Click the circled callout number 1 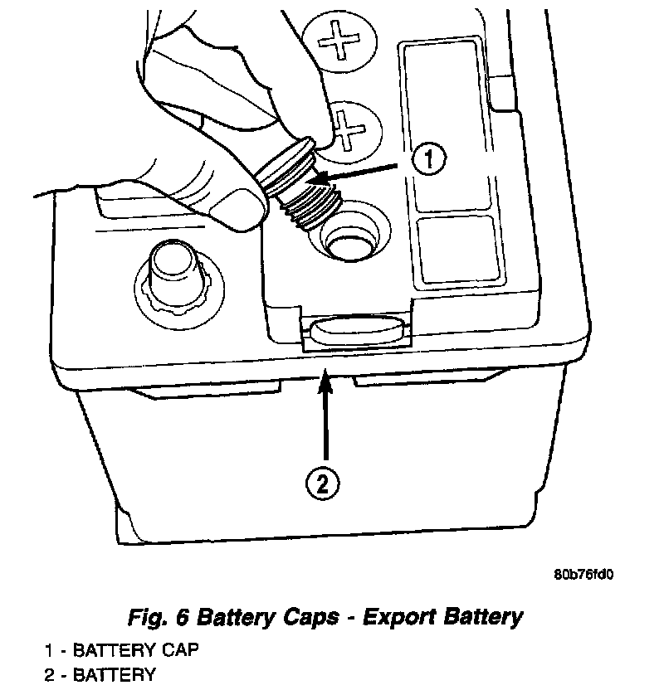point(428,159)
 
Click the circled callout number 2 point(325,482)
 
